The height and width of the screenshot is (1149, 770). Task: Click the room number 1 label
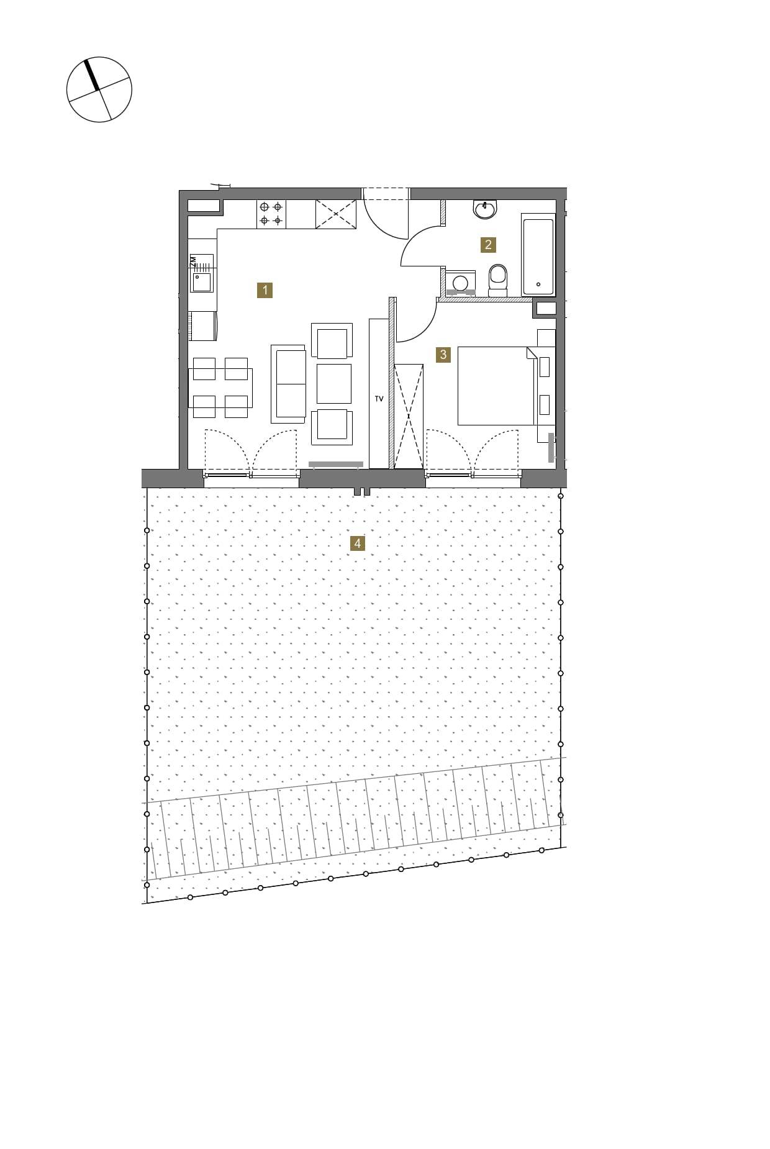[x=265, y=290]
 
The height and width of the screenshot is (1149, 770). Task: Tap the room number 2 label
[x=488, y=245]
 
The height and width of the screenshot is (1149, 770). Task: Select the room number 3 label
[x=443, y=355]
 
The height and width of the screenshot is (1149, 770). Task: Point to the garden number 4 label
[x=357, y=543]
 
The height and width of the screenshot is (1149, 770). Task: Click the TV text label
[x=379, y=399]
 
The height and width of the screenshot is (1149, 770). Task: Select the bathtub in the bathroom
[x=538, y=255]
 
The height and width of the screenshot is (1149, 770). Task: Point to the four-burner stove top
[x=271, y=214]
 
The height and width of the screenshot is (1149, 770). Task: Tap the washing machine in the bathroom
[x=460, y=283]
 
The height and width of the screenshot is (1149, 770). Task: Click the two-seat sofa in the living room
[x=289, y=384]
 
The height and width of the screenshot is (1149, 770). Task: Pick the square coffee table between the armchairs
[x=334, y=383]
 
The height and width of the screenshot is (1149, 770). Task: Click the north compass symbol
[x=99, y=89]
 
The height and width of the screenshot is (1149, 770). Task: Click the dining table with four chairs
[x=220, y=388]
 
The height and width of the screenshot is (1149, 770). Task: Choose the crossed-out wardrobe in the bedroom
[x=409, y=416]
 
